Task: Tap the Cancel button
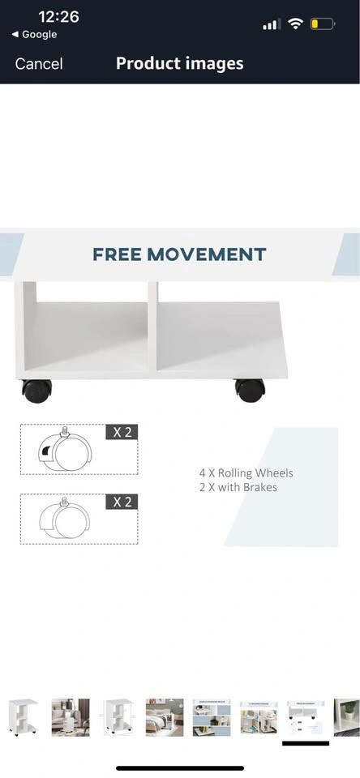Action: (39, 63)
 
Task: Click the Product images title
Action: (180, 63)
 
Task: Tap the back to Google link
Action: (34, 34)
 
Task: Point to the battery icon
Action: (322, 24)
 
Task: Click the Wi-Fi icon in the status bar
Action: (296, 24)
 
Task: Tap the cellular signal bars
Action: (272, 24)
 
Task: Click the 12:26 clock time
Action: (58, 16)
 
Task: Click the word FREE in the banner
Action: (118, 254)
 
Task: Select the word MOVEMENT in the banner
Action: (207, 254)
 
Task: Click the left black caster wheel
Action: (36, 391)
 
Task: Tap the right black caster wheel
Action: (250, 391)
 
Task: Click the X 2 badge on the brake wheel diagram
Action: (122, 432)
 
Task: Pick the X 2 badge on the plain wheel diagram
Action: (122, 502)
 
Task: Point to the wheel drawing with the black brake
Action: (65, 451)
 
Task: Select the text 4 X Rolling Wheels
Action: (246, 472)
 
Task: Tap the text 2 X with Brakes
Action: (238, 487)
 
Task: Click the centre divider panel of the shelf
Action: (152, 326)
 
